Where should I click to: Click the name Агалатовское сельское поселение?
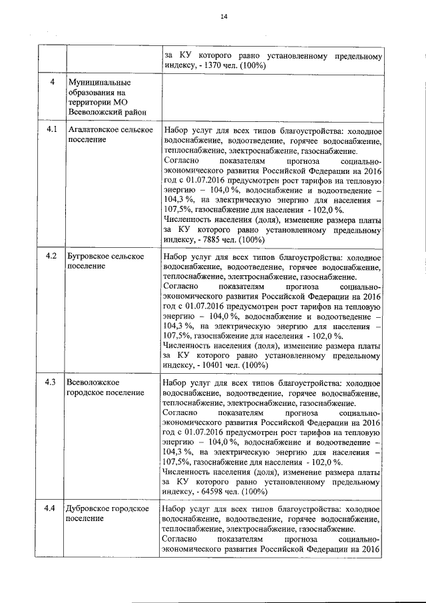coord(110,135)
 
